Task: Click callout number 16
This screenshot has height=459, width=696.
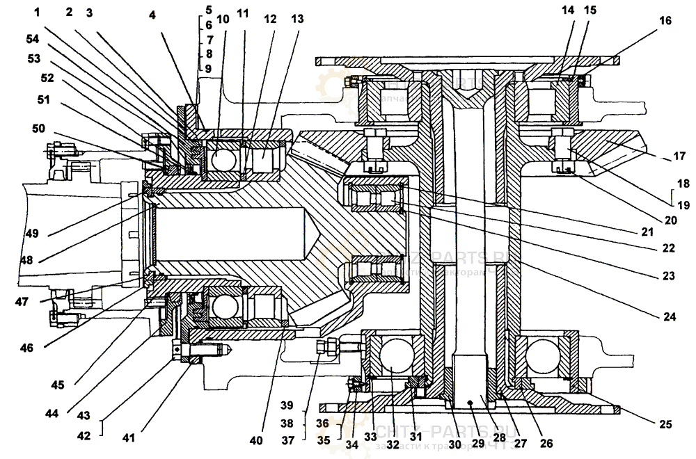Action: click(x=665, y=21)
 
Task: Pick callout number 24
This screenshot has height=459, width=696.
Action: click(x=670, y=316)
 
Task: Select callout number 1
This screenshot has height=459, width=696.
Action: click(x=47, y=12)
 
